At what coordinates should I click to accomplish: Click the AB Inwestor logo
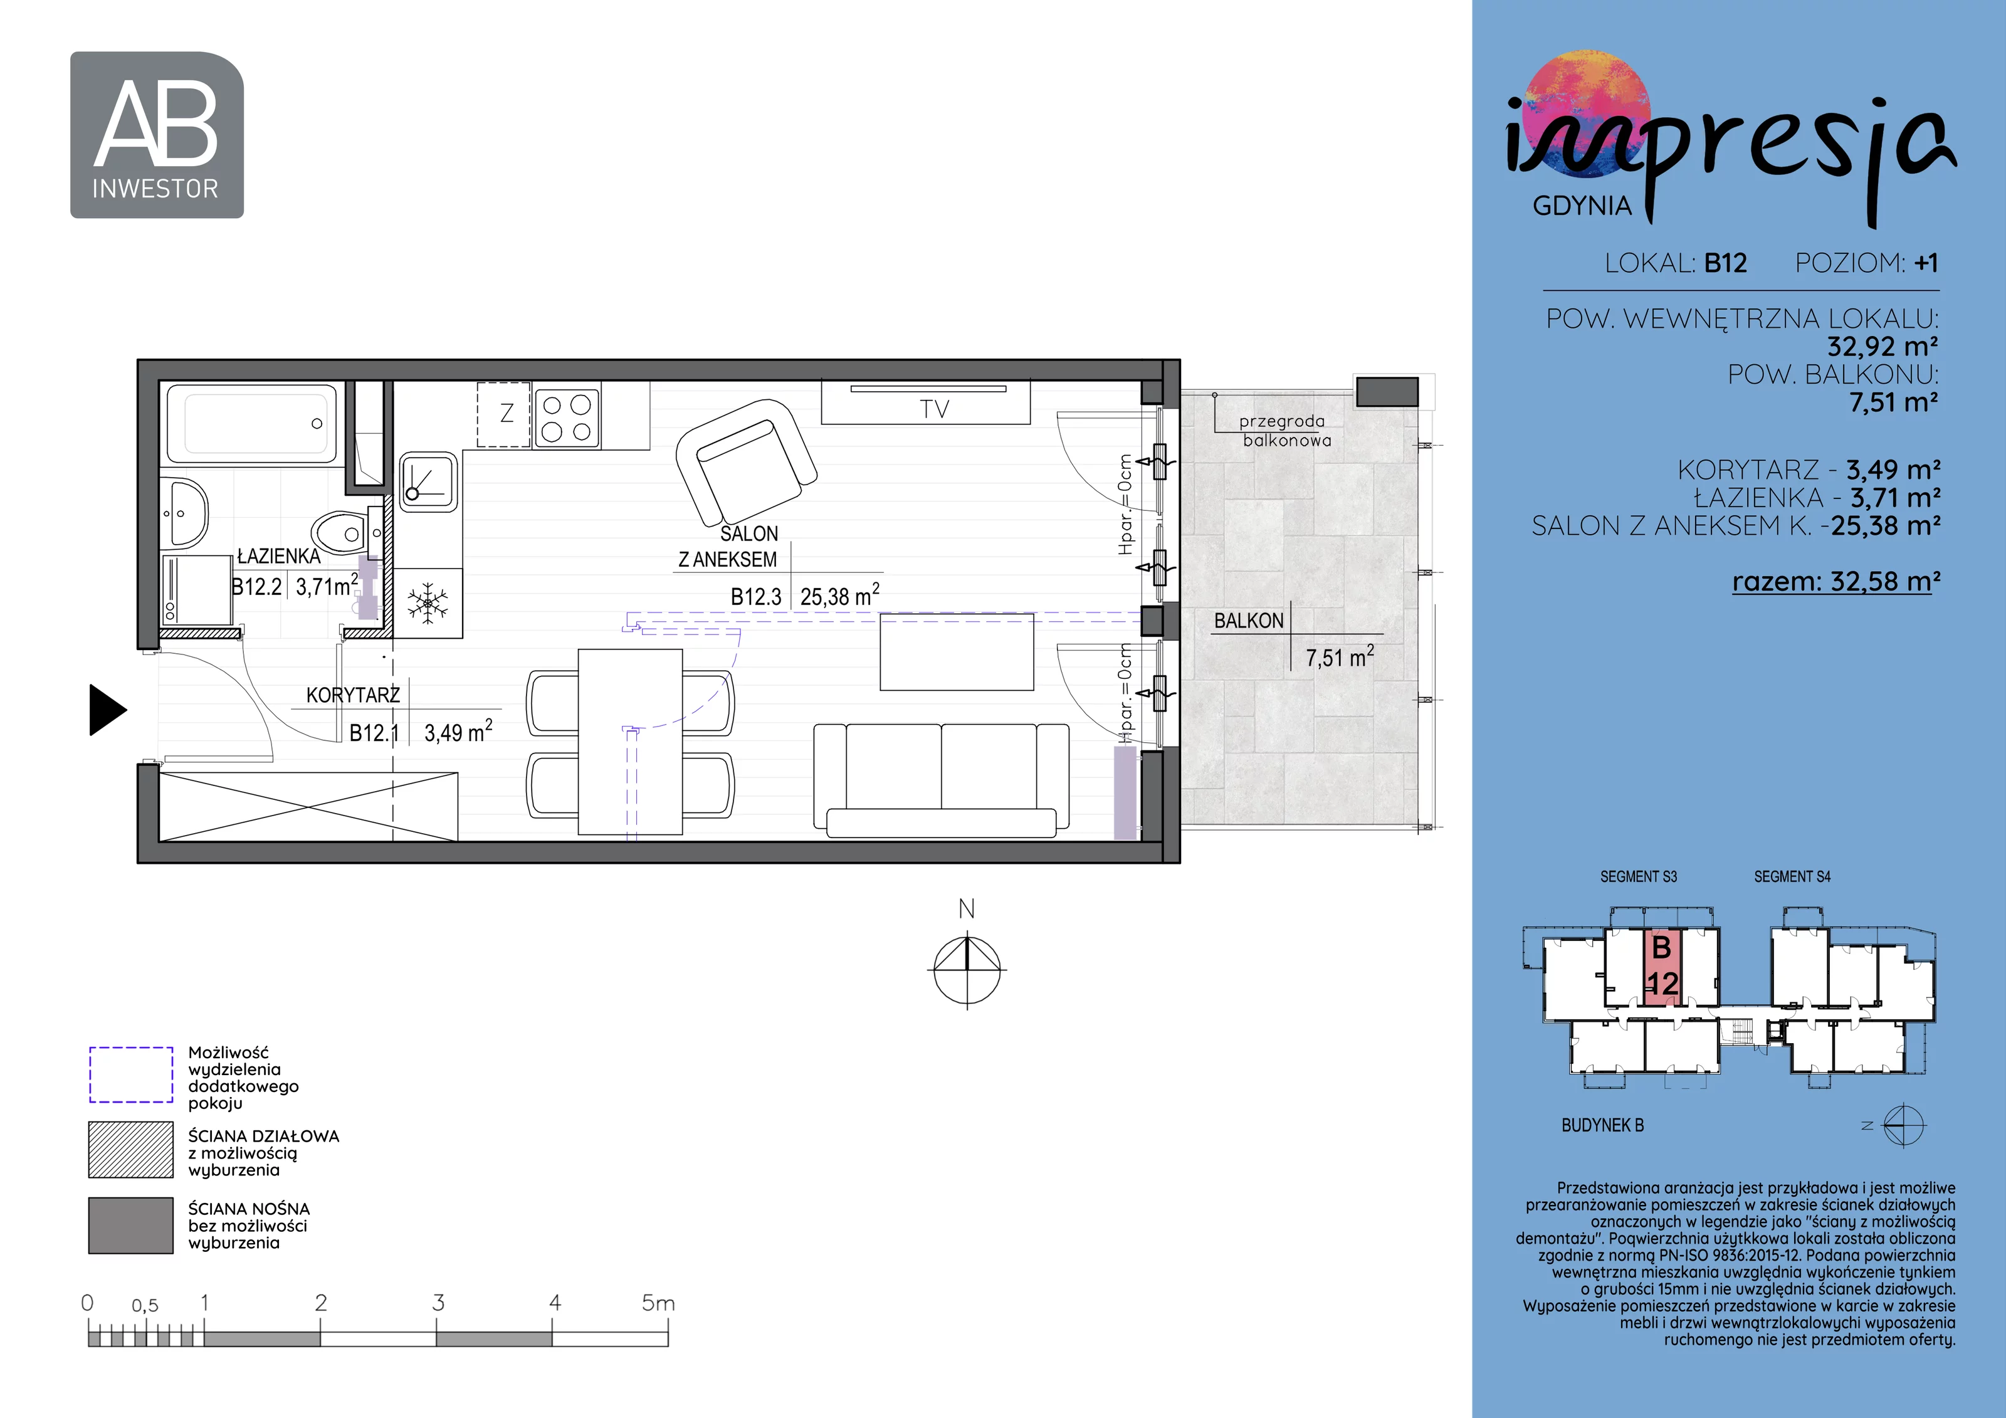click(x=156, y=135)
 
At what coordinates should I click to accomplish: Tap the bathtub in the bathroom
click(x=251, y=423)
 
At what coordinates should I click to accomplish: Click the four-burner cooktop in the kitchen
click(x=566, y=418)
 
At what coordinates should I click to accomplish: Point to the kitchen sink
click(x=428, y=481)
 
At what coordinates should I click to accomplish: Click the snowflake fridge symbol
click(x=428, y=603)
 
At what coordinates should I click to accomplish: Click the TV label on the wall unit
click(x=934, y=409)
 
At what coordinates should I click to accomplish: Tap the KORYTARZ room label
click(x=353, y=695)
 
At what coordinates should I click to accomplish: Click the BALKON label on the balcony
click(x=1249, y=621)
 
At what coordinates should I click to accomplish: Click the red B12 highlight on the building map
click(x=1662, y=968)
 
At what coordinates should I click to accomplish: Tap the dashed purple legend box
click(x=131, y=1074)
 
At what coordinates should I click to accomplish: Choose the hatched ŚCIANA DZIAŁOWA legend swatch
click(x=131, y=1150)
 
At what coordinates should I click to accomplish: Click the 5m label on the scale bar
click(x=658, y=1303)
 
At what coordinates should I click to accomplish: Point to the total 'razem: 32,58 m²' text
click(x=1837, y=581)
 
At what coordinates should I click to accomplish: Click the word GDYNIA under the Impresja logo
click(x=1582, y=206)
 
